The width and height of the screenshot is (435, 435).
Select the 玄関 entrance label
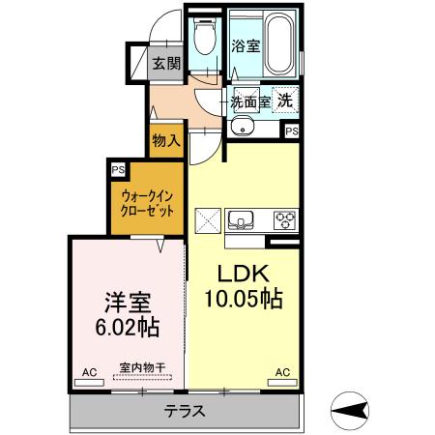166,64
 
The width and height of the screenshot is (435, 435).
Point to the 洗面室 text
249,101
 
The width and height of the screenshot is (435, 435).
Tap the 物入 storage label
166,140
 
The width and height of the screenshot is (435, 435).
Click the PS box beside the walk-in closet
118,171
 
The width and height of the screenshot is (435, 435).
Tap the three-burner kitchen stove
284,218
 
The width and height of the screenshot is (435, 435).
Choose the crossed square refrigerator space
208,219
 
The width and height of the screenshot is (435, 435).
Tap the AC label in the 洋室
89,372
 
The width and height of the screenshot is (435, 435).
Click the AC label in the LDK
282,372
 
